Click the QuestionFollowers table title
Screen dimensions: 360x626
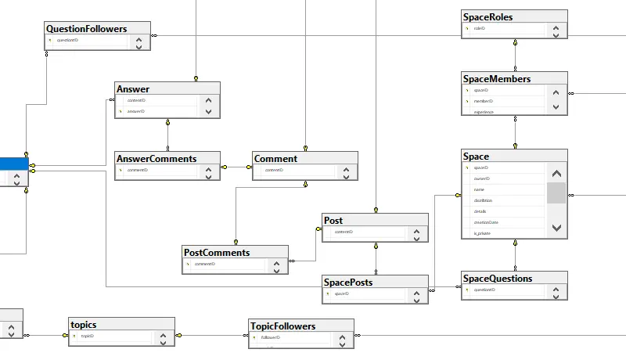[x=86, y=29]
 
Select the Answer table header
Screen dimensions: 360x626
[x=132, y=88]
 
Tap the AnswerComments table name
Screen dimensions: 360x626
[x=156, y=158]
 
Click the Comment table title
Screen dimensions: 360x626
[x=275, y=158]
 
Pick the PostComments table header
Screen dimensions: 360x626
[x=216, y=252]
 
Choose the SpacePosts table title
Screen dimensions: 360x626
[x=348, y=282]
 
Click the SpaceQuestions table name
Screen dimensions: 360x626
[x=498, y=278]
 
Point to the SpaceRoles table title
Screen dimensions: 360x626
[x=488, y=16]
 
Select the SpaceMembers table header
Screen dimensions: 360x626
[x=497, y=78]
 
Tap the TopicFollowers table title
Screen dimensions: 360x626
[x=282, y=326]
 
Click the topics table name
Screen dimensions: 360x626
[x=83, y=324]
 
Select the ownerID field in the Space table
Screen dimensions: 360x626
[x=481, y=178]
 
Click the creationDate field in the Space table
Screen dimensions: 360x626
[x=486, y=222]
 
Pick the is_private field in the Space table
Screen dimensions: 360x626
[x=482, y=233]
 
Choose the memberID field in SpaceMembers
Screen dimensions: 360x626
[x=484, y=101]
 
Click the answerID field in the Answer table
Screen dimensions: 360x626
[x=136, y=112]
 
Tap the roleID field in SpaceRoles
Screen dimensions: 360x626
[x=480, y=28]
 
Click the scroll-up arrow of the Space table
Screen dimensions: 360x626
[x=556, y=174]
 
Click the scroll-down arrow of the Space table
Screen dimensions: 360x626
[x=556, y=227]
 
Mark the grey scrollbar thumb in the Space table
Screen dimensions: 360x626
[x=556, y=193]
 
